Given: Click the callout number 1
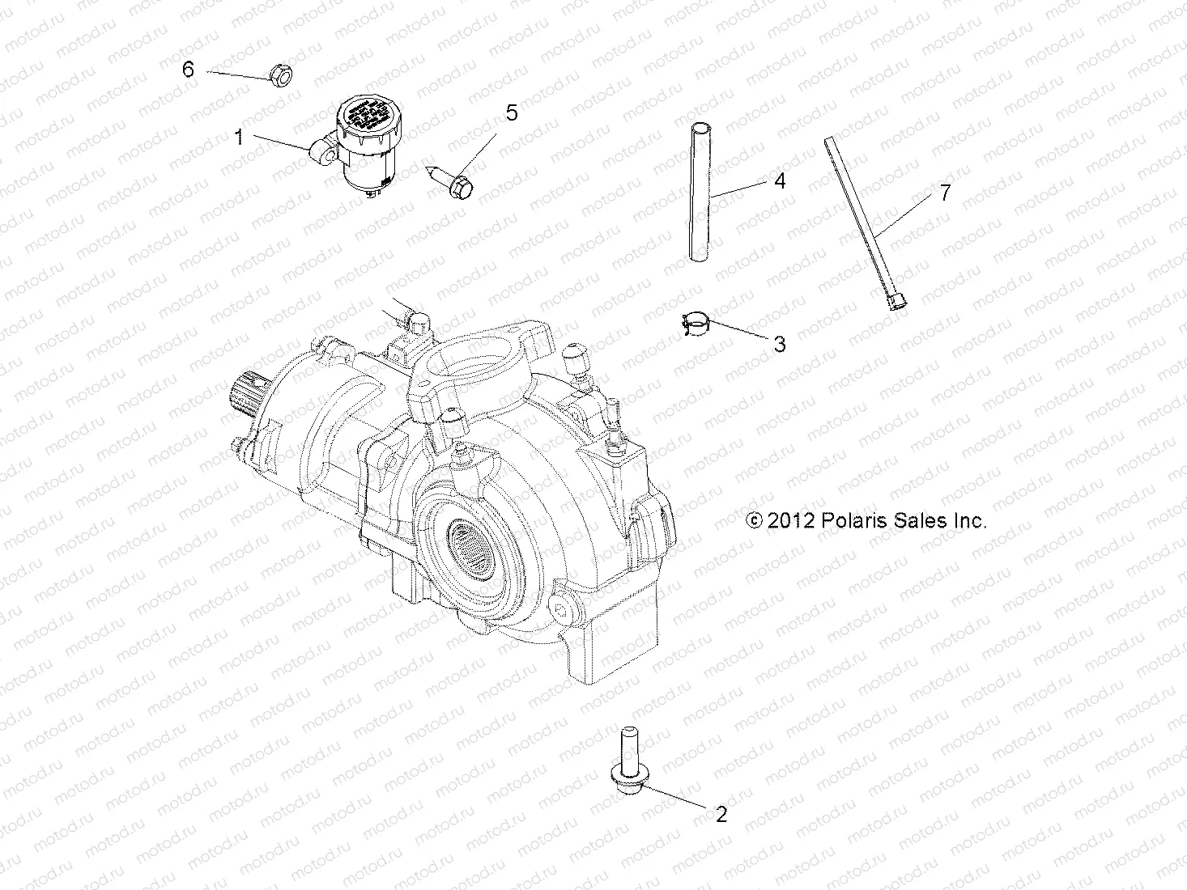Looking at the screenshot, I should [239, 137].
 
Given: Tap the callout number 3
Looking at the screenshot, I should [779, 344].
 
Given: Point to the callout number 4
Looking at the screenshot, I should [779, 180].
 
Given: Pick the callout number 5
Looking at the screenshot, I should [511, 112].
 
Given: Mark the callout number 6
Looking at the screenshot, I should [188, 69].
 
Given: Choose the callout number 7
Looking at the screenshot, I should [921, 193].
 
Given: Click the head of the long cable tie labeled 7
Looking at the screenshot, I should [896, 301].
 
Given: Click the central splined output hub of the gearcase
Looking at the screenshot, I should [469, 536].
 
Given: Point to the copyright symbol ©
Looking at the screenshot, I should [754, 520].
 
